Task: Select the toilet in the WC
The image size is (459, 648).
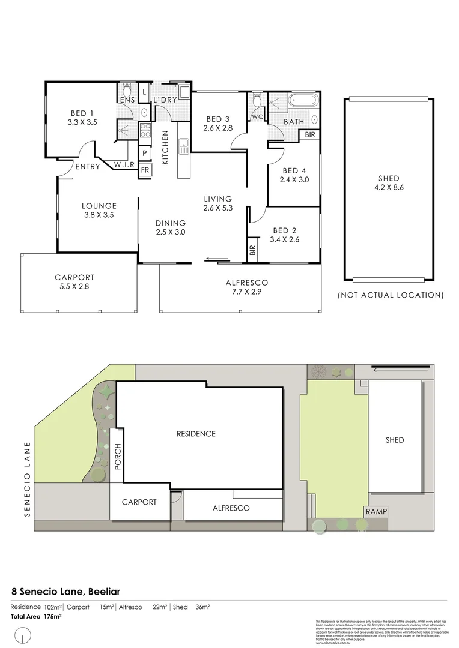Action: (258, 98)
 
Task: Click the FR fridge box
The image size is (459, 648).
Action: (145, 170)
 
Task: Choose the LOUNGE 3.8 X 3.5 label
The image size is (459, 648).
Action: (99, 210)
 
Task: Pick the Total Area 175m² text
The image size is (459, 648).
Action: (36, 616)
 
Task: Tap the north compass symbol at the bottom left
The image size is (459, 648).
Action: (23, 634)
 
